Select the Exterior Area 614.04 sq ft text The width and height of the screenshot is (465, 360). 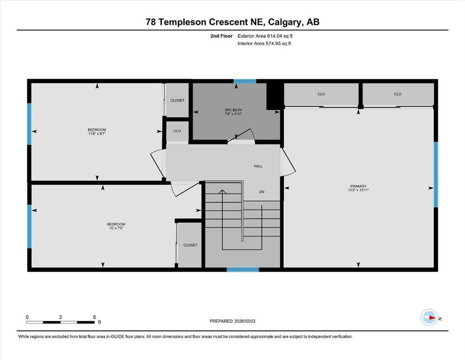266,36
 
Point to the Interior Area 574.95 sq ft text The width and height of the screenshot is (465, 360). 265,44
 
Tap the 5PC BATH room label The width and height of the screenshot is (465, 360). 233,110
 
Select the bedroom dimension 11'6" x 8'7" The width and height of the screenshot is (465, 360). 97,134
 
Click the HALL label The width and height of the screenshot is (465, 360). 258,166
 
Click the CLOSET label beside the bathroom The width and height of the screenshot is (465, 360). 177,100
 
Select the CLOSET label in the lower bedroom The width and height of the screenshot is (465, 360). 190,245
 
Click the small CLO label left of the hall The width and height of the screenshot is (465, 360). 177,131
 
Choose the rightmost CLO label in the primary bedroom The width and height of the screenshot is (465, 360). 398,94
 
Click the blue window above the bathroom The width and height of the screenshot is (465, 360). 245,82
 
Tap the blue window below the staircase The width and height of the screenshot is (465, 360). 243,270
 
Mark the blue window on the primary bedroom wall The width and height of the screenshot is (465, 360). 435,174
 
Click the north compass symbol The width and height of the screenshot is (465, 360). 429,317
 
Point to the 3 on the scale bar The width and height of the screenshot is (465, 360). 60,317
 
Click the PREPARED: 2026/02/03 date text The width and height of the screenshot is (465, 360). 233,321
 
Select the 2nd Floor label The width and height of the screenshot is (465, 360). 221,36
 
